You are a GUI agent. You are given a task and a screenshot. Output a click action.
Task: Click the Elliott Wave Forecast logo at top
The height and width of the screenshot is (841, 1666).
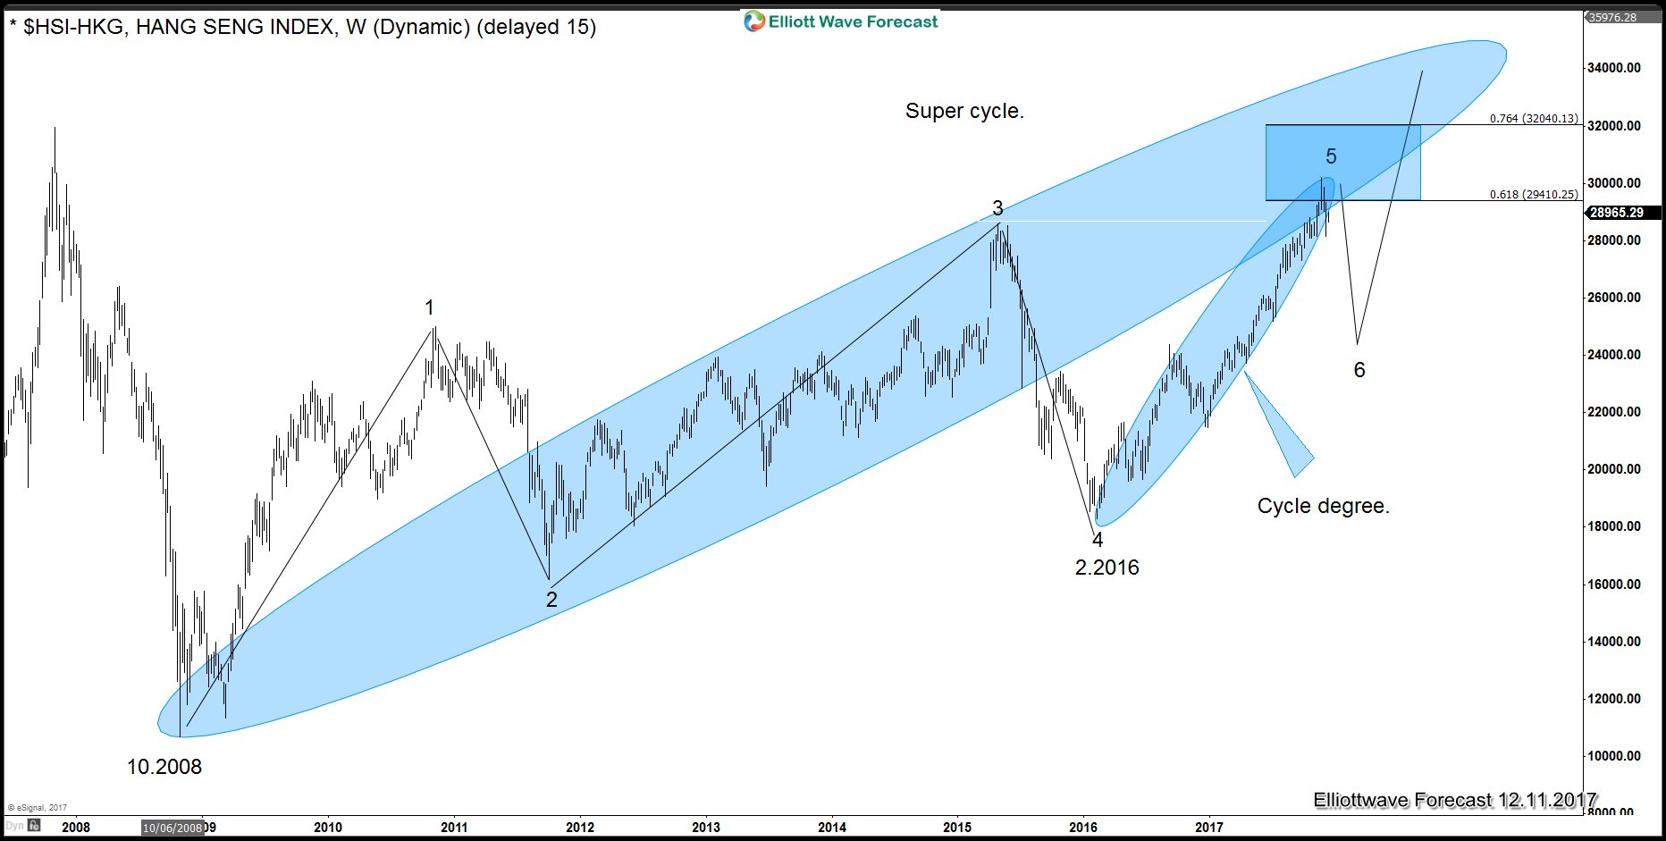pyautogui.click(x=841, y=21)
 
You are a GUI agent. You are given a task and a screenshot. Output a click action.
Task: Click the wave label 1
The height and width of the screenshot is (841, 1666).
pyautogui.click(x=429, y=308)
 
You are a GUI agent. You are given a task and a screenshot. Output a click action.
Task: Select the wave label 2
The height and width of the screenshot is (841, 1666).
pyautogui.click(x=551, y=600)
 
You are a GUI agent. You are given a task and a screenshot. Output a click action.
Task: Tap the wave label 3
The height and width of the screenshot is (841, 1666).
pyautogui.click(x=997, y=209)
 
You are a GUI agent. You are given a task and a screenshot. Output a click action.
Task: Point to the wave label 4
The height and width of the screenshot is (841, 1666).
pyautogui.click(x=1098, y=540)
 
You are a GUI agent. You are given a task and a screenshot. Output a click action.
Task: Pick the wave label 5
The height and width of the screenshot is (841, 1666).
pyautogui.click(x=1331, y=157)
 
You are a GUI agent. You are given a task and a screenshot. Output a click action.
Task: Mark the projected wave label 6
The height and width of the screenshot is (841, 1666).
pyautogui.click(x=1359, y=370)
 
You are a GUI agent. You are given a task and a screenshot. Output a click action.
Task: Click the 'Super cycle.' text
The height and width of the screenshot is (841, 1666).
pyautogui.click(x=964, y=111)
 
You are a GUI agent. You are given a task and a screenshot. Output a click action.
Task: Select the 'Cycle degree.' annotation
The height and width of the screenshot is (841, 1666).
pyautogui.click(x=1323, y=506)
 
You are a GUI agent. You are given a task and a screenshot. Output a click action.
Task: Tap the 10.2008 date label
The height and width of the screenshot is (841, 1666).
pyautogui.click(x=164, y=767)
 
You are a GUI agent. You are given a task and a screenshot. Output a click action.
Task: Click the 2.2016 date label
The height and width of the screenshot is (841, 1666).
pyautogui.click(x=1106, y=568)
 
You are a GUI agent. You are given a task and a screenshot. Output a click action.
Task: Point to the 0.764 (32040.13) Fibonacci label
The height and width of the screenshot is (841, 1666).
pyautogui.click(x=1534, y=119)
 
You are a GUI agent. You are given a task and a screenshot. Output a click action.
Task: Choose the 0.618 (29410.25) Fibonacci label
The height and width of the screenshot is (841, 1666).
pyautogui.click(x=1534, y=195)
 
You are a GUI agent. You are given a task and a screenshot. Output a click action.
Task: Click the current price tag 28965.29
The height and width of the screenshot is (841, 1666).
pyautogui.click(x=1617, y=213)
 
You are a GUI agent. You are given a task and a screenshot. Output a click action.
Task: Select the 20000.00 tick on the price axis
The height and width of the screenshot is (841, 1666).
pyautogui.click(x=1614, y=469)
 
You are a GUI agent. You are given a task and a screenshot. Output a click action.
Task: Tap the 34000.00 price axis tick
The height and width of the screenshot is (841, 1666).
pyautogui.click(x=1614, y=68)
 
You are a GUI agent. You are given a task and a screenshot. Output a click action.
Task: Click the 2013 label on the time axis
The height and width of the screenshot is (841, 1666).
pyautogui.click(x=706, y=828)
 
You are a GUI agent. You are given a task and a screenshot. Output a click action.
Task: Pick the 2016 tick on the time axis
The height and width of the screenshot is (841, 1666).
pyautogui.click(x=1083, y=828)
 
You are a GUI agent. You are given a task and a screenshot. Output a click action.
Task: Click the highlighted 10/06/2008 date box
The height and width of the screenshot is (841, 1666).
pyautogui.click(x=172, y=828)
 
